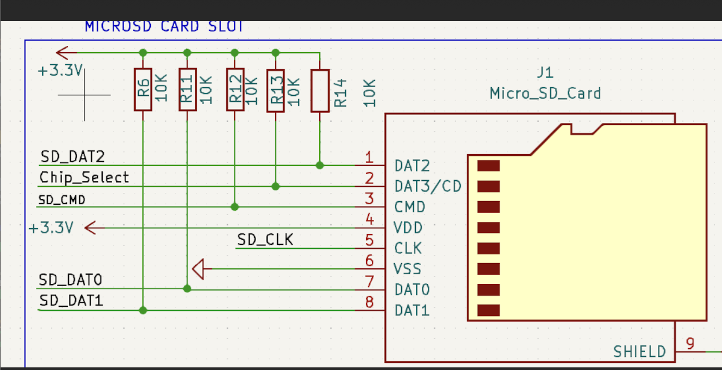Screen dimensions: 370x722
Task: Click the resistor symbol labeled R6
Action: point(142,89)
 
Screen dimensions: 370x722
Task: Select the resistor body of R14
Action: point(320,91)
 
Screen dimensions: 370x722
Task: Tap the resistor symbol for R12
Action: point(235,90)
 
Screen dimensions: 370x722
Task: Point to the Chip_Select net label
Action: point(84,178)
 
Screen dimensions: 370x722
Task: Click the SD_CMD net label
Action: point(62,200)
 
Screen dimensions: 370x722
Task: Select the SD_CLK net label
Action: point(265,240)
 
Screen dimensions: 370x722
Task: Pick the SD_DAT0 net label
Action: point(70,280)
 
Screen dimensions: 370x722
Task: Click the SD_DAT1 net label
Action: point(70,301)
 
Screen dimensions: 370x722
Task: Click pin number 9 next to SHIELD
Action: point(690,343)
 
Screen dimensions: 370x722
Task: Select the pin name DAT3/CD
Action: point(428,186)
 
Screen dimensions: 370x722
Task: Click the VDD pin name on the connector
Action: point(408,228)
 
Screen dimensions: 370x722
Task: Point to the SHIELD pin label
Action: point(639,352)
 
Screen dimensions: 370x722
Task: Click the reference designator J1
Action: point(545,72)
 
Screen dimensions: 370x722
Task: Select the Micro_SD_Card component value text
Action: point(545,94)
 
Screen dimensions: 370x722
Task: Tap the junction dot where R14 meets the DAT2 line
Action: point(320,165)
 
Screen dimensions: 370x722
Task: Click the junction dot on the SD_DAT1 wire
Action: point(142,310)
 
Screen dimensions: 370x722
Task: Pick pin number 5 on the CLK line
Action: point(369,240)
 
